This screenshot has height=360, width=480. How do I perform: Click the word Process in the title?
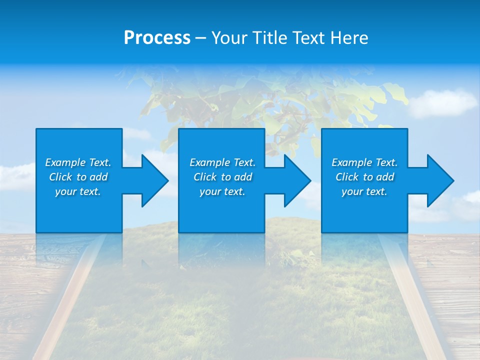157,38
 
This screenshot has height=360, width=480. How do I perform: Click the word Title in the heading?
269,38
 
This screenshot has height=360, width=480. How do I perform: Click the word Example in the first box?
65,162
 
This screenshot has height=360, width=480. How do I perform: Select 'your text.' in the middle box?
222,191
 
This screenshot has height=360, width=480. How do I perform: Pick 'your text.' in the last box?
364,191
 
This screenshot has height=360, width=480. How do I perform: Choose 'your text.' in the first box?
78,191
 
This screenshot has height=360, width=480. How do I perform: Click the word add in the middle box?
242,177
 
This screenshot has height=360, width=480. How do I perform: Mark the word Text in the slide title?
308,38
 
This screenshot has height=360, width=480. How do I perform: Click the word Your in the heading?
229,38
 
